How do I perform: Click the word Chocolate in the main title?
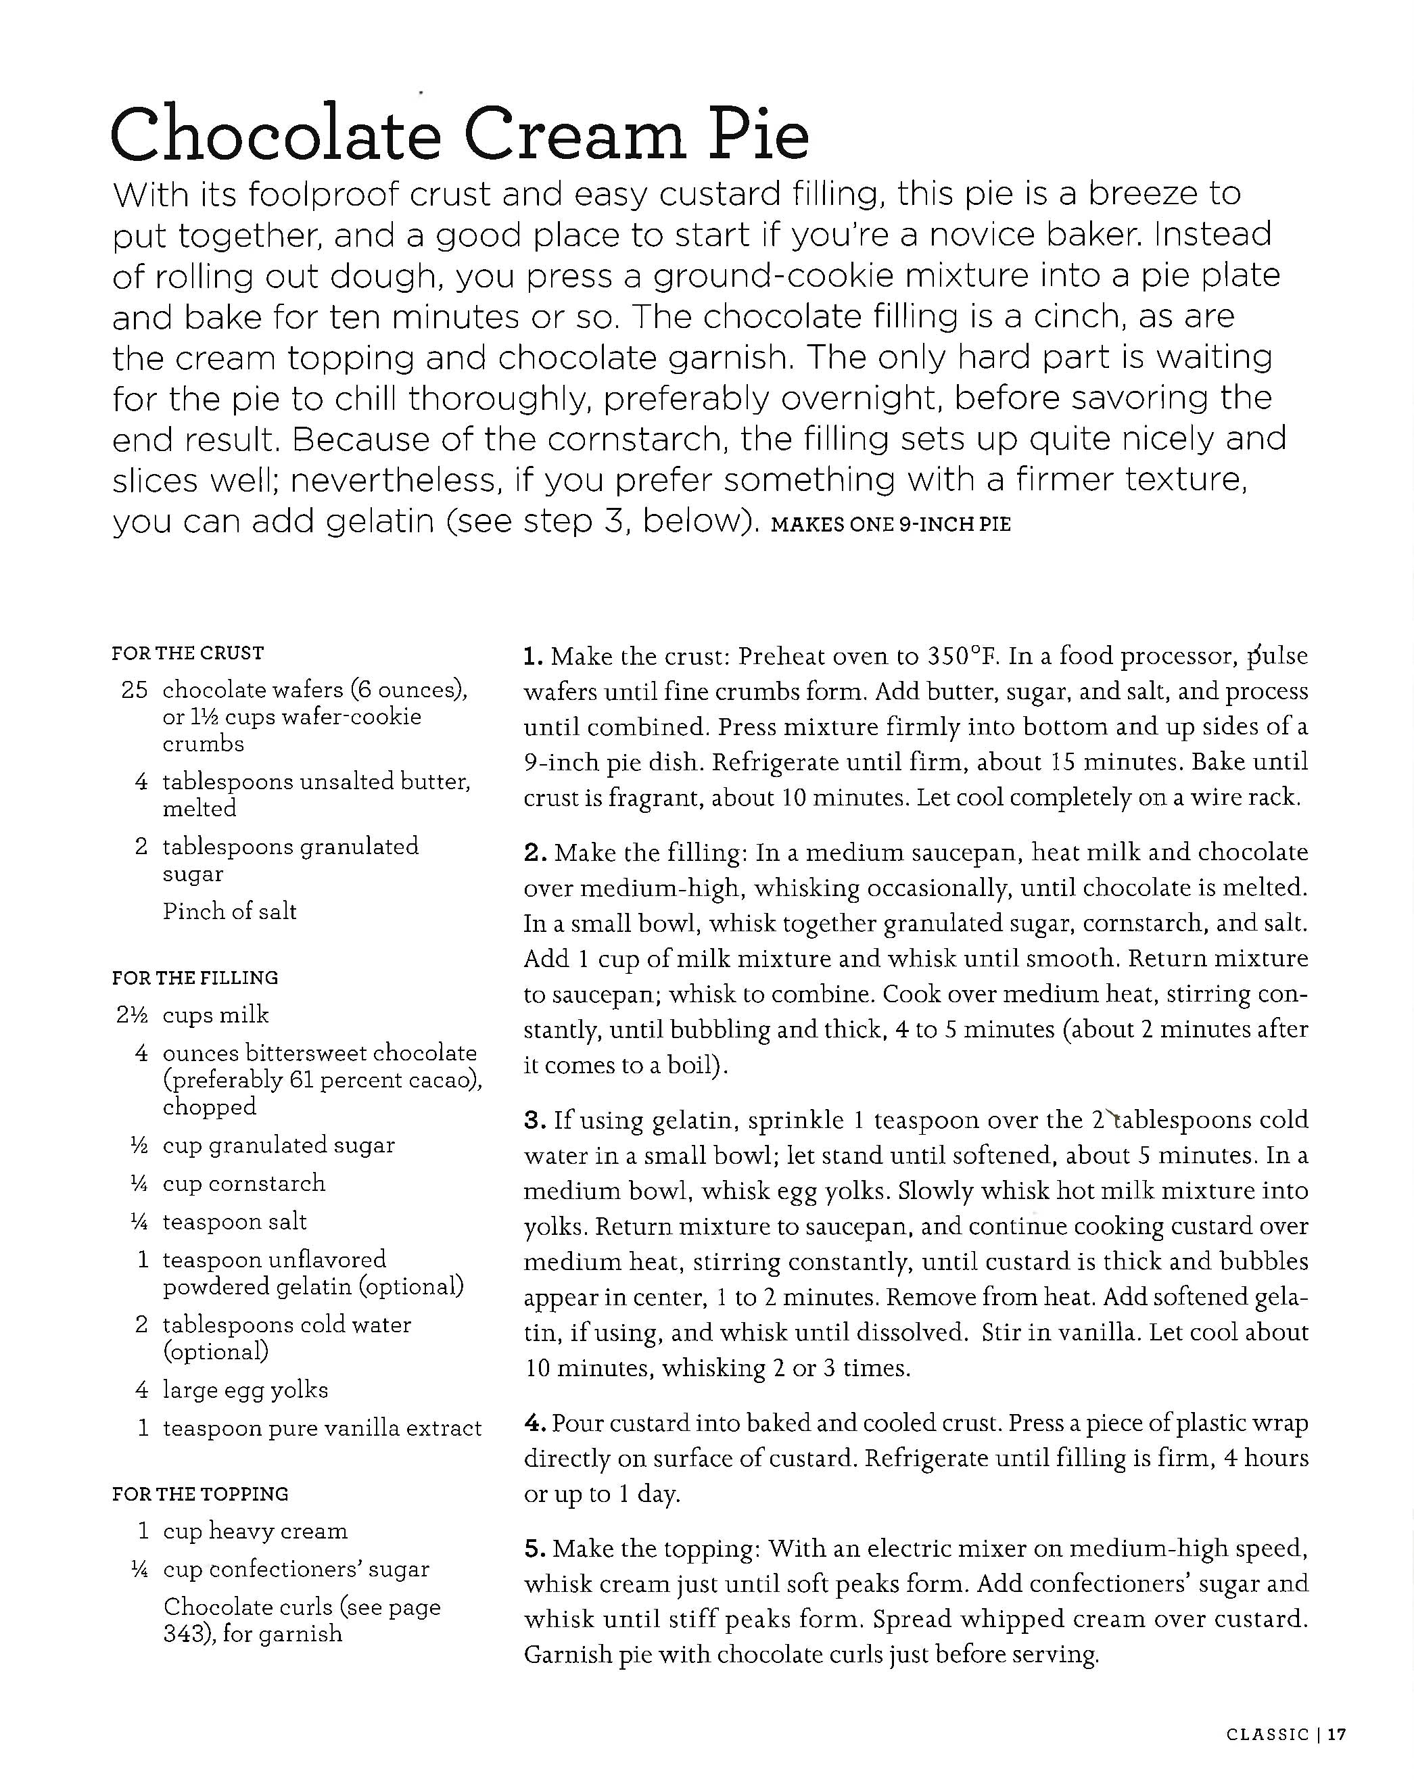pyautogui.click(x=275, y=134)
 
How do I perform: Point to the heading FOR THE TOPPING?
pyautogui.click(x=200, y=1494)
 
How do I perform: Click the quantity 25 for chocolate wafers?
pyautogui.click(x=134, y=689)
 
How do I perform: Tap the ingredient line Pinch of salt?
pyautogui.click(x=229, y=911)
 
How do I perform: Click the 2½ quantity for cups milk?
pyautogui.click(x=132, y=1014)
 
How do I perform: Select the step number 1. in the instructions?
pyautogui.click(x=533, y=657)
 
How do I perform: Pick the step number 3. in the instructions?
pyautogui.click(x=534, y=1121)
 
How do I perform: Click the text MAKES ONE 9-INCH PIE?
pyautogui.click(x=891, y=525)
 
